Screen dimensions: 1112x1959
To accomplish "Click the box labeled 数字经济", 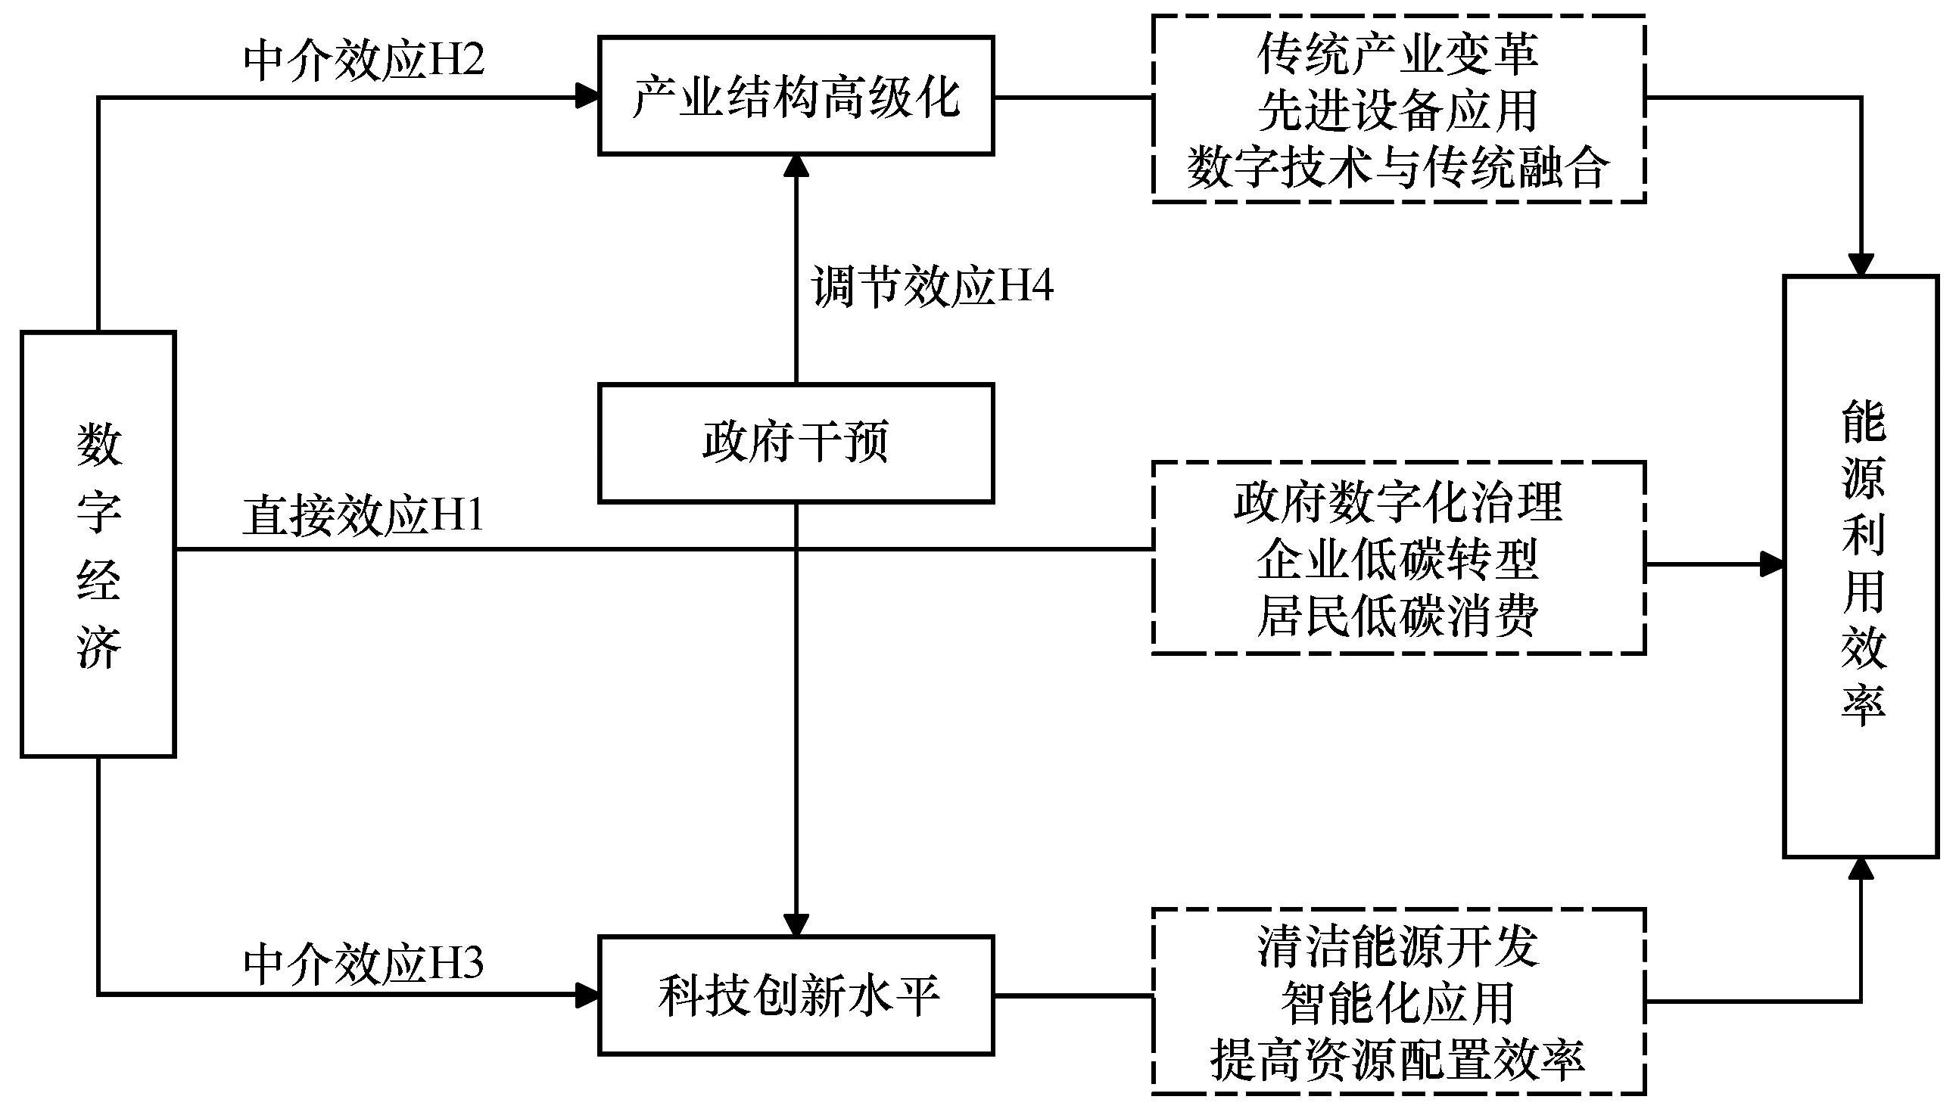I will click(x=98, y=545).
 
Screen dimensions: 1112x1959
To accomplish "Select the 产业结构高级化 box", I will click(x=796, y=96).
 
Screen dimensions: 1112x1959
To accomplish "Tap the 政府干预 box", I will click(x=796, y=443).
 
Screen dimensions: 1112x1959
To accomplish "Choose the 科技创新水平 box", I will click(x=796, y=996).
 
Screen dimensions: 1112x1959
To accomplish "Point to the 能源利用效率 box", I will click(x=1861, y=567).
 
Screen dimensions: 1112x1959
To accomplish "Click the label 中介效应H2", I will click(x=363, y=61).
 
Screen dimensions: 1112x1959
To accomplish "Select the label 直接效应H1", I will click(x=363, y=515).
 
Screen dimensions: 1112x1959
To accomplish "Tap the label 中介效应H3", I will click(x=363, y=964).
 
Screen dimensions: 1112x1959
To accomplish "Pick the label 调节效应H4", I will click(x=932, y=288).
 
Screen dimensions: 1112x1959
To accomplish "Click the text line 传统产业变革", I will click(x=1397, y=54).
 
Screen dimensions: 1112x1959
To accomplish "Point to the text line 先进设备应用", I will click(x=1397, y=110).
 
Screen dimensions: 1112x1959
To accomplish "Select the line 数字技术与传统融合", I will click(x=1397, y=167).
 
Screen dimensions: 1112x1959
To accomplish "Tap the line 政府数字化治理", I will click(x=1397, y=502).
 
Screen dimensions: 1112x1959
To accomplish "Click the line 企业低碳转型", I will click(x=1397, y=559).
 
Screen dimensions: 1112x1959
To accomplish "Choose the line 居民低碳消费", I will click(x=1397, y=616).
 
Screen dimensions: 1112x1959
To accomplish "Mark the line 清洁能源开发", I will click(x=1397, y=947).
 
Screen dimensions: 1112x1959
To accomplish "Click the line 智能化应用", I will click(x=1397, y=1003).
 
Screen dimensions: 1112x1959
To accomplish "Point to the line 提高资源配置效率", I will click(x=1397, y=1059).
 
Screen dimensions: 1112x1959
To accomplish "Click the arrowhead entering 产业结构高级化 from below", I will click(x=796, y=166).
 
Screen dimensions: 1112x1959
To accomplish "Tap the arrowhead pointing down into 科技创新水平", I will click(x=796, y=925).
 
